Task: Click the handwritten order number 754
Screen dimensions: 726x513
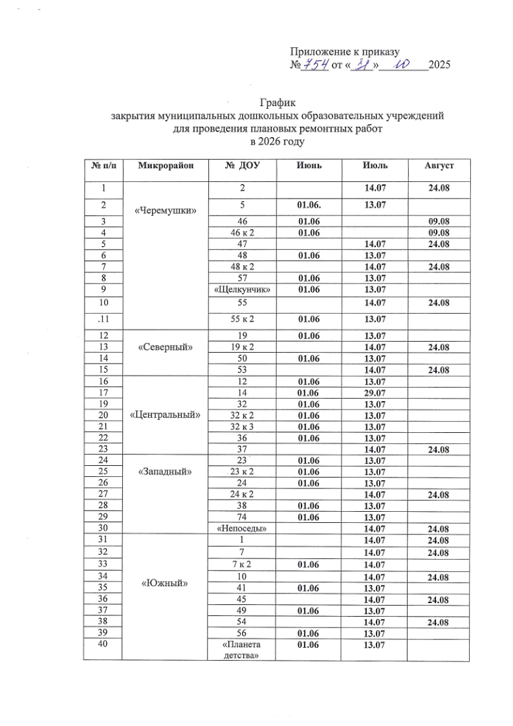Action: tap(315, 65)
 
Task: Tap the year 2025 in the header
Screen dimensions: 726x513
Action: tap(439, 65)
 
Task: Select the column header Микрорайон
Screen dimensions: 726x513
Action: tap(165, 166)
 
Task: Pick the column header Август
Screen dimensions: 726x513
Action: tap(438, 166)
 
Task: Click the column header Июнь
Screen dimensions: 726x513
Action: tap(309, 166)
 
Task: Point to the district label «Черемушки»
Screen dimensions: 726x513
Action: tap(165, 211)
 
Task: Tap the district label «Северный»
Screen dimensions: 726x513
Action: tap(165, 346)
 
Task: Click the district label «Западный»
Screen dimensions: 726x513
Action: tap(165, 471)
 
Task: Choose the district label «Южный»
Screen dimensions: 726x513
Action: tap(165, 583)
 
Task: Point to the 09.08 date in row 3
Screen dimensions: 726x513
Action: tap(439, 221)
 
